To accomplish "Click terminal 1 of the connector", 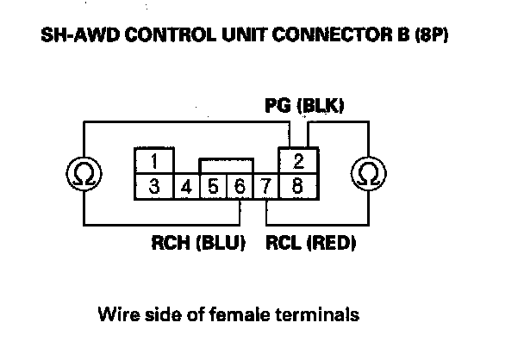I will (153, 161).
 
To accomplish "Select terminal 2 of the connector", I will (298, 161).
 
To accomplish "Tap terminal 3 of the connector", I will (153, 184).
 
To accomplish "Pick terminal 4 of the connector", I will (185, 184).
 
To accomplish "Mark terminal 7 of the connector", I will (267, 184).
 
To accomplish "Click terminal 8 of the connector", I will (297, 184).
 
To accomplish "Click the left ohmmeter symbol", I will (84, 174).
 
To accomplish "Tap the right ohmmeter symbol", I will (365, 174).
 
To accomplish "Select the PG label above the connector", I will (276, 107).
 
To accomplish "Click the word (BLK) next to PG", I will (319, 107).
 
